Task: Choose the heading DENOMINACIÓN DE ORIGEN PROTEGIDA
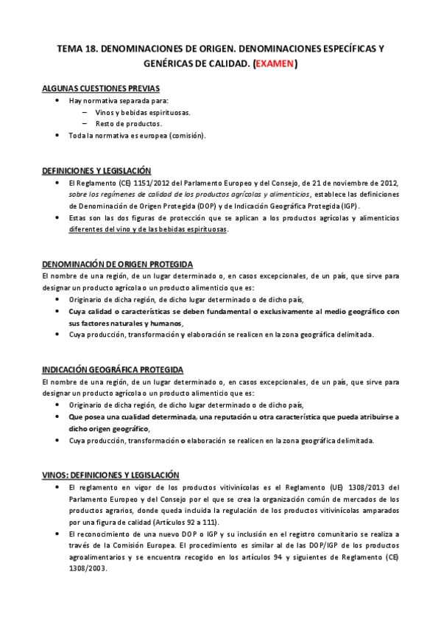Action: point(118,264)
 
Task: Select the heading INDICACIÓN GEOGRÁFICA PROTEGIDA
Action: point(113,369)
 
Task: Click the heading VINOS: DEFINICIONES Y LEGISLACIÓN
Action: point(111,475)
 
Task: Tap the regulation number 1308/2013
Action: point(352,487)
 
